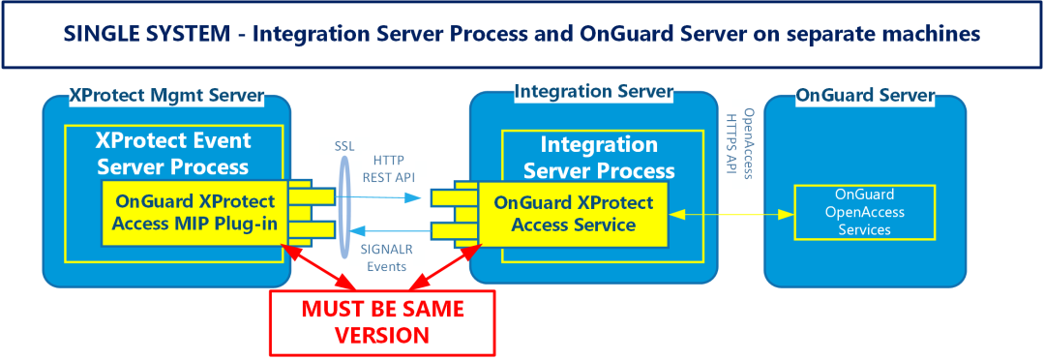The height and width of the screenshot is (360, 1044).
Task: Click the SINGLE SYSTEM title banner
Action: click(x=522, y=34)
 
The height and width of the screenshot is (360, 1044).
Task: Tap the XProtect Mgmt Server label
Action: click(x=166, y=96)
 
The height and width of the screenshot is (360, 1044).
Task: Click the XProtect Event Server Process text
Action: click(x=173, y=152)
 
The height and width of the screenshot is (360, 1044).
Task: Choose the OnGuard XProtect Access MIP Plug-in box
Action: click(x=195, y=212)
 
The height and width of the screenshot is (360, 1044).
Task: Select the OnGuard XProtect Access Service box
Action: click(x=572, y=213)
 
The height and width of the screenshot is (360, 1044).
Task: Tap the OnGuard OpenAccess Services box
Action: click(x=865, y=212)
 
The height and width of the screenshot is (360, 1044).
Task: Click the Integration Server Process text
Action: click(x=599, y=158)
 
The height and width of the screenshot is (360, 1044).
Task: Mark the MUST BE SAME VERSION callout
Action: click(x=382, y=322)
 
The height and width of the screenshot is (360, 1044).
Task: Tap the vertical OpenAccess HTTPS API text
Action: click(x=738, y=142)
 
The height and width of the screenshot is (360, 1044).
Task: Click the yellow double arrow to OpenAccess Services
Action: click(x=731, y=214)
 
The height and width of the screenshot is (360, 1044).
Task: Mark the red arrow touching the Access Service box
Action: click(x=443, y=267)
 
